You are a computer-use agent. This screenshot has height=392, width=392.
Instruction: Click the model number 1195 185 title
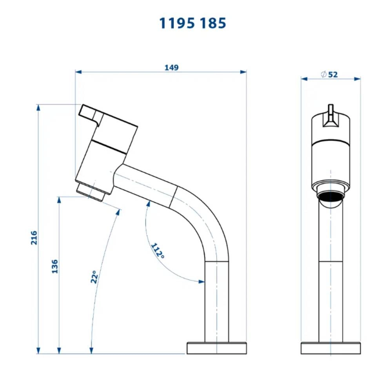[x=192, y=24]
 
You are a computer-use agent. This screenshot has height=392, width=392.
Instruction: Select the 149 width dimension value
[x=171, y=67]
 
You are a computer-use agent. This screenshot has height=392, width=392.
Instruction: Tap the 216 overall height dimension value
[x=34, y=238]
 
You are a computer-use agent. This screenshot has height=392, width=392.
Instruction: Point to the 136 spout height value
[x=54, y=266]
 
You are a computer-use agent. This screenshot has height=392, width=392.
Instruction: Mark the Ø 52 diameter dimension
[x=329, y=74]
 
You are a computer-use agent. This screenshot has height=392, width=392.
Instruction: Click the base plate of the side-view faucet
[x=216, y=348]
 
